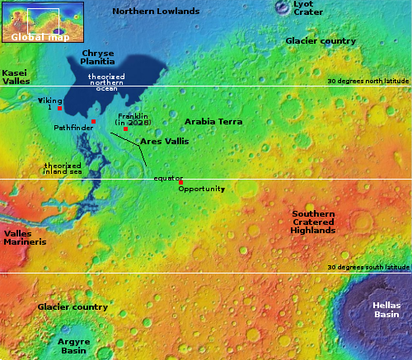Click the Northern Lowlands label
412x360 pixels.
click(156, 12)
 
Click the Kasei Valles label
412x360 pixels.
click(16, 77)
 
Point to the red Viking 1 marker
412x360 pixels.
click(59, 109)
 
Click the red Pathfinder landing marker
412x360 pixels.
click(94, 122)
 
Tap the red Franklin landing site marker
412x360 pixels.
click(124, 129)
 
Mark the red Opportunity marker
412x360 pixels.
click(180, 182)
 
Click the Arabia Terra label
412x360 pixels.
click(213, 121)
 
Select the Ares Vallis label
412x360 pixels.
click(164, 142)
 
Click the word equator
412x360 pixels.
click(168, 178)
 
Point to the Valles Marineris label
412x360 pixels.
click(24, 238)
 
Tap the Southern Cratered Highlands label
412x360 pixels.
click(313, 222)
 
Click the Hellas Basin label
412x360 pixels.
click(386, 310)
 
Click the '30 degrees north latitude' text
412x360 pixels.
click(368, 82)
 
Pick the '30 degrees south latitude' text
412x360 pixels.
click(368, 267)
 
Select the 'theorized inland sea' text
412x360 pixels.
click(63, 169)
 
